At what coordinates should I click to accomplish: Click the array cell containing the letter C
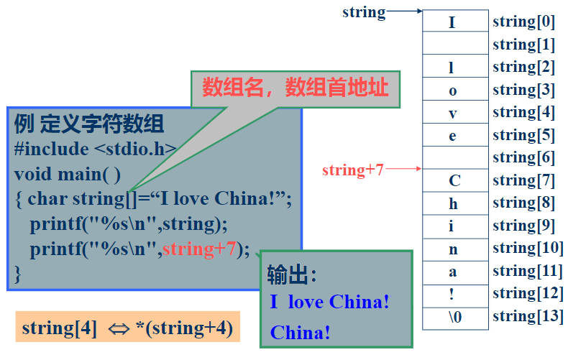[455, 180]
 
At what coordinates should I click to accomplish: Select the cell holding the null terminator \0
[455, 317]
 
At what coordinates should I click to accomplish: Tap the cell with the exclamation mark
[455, 294]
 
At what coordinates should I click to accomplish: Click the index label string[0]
[523, 22]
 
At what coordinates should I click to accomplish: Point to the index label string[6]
[523, 157]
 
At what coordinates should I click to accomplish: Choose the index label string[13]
[527, 316]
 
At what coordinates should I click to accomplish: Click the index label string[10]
[527, 249]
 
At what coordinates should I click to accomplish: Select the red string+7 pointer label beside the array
[353, 170]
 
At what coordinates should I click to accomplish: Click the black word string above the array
[364, 12]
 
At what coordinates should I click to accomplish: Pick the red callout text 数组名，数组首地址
[295, 88]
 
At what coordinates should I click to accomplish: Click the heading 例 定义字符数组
[89, 124]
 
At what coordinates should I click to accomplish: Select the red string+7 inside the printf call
[199, 249]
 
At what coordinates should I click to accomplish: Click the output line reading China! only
[301, 333]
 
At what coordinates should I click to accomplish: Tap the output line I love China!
[330, 302]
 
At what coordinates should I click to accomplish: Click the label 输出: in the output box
[292, 274]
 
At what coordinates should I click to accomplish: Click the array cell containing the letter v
[455, 113]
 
